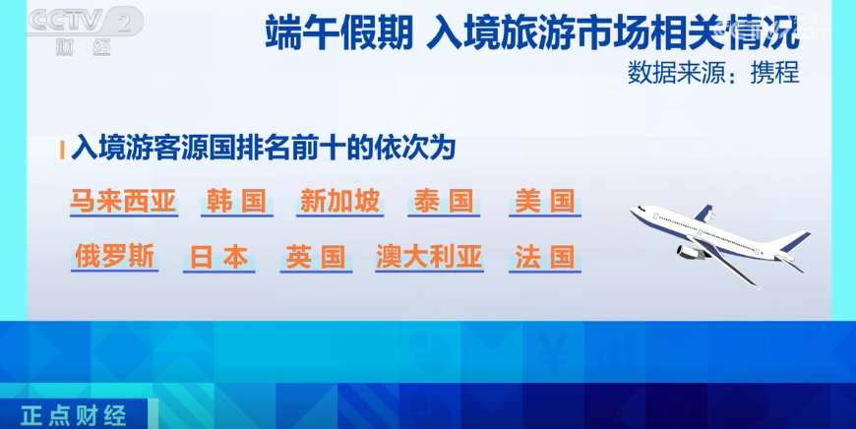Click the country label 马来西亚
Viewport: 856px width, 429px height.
[x=123, y=202]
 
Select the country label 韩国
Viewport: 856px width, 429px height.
[x=236, y=202]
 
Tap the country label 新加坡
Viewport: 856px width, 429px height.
[x=339, y=202]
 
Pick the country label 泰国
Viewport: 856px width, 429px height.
[x=444, y=202]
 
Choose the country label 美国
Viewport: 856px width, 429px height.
[x=545, y=202]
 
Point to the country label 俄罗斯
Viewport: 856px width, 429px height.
[x=115, y=257]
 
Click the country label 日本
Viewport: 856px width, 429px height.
[x=218, y=258]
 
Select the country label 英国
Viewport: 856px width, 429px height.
[x=316, y=257]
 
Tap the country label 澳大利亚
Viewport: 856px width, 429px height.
[x=429, y=257]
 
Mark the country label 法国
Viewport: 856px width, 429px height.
[x=545, y=257]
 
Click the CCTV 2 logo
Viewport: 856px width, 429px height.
[x=85, y=31]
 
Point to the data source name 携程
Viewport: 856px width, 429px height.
[x=774, y=73]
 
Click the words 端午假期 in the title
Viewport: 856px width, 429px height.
[x=339, y=33]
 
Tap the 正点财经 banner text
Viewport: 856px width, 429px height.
[x=74, y=415]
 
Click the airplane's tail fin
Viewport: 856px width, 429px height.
[x=795, y=241]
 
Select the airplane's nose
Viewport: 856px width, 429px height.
[x=635, y=211]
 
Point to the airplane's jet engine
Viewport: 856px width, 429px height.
[x=691, y=252]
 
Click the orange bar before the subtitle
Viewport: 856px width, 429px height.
[x=62, y=151]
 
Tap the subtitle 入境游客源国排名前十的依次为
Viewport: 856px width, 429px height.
[x=263, y=149]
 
